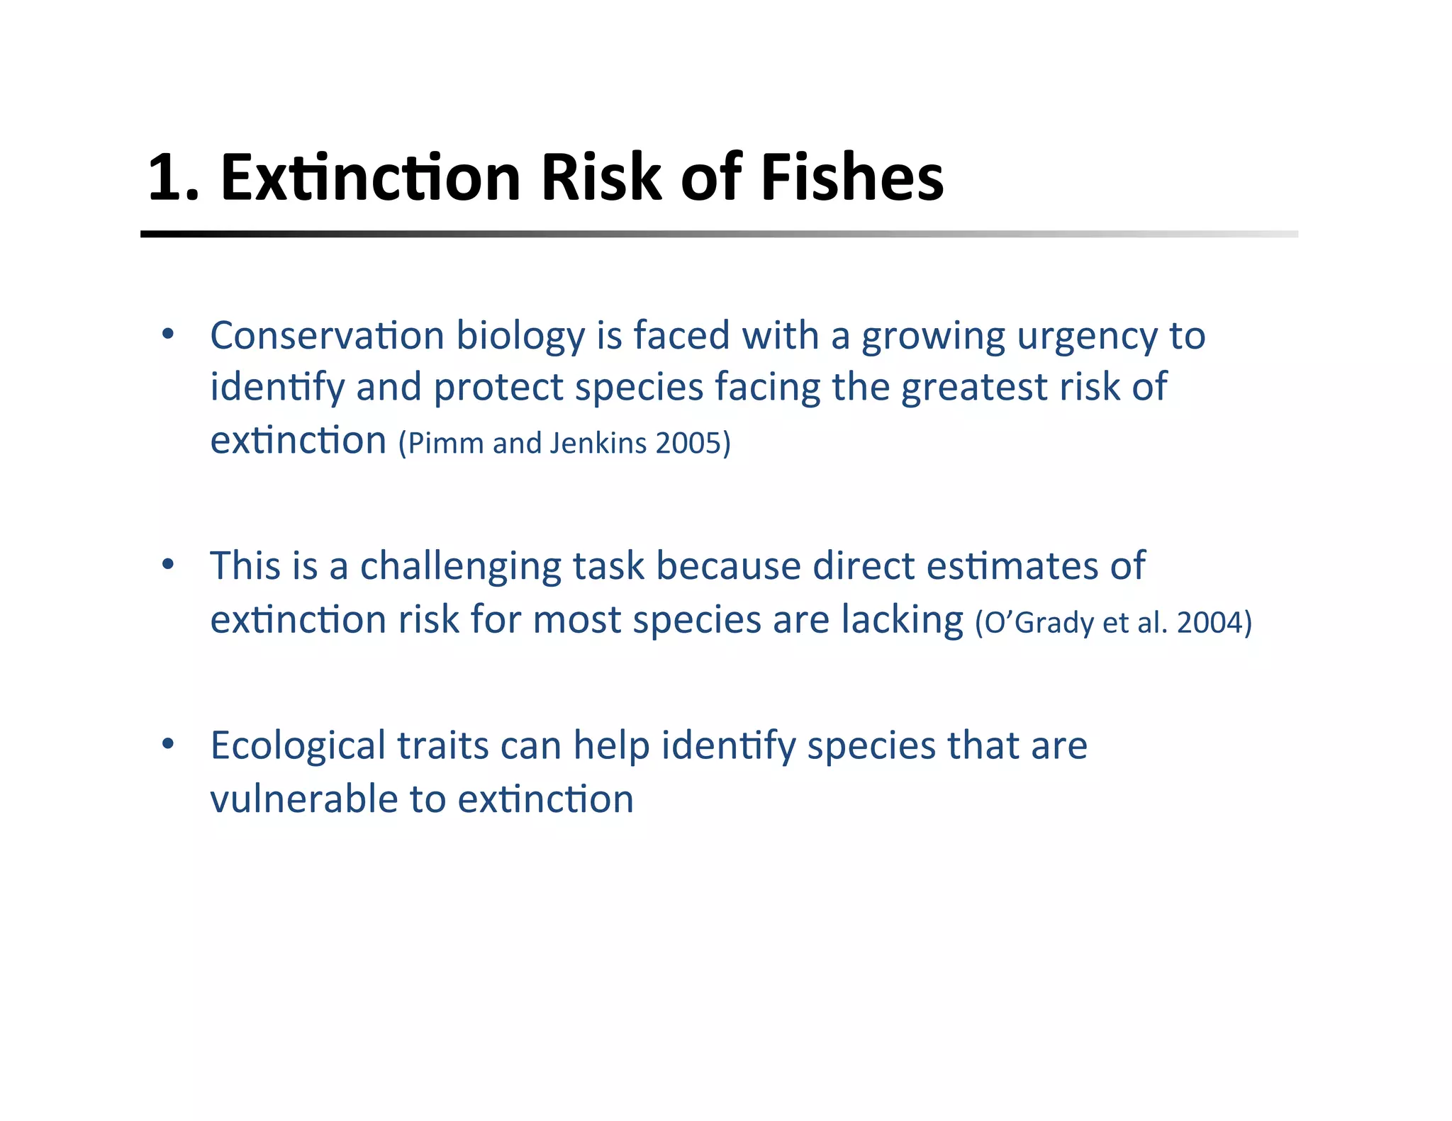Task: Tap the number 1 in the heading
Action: coord(165,179)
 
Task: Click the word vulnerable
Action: coord(304,800)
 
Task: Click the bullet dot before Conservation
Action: coord(168,334)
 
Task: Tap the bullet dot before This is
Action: coord(168,565)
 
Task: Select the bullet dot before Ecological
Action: coord(168,744)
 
